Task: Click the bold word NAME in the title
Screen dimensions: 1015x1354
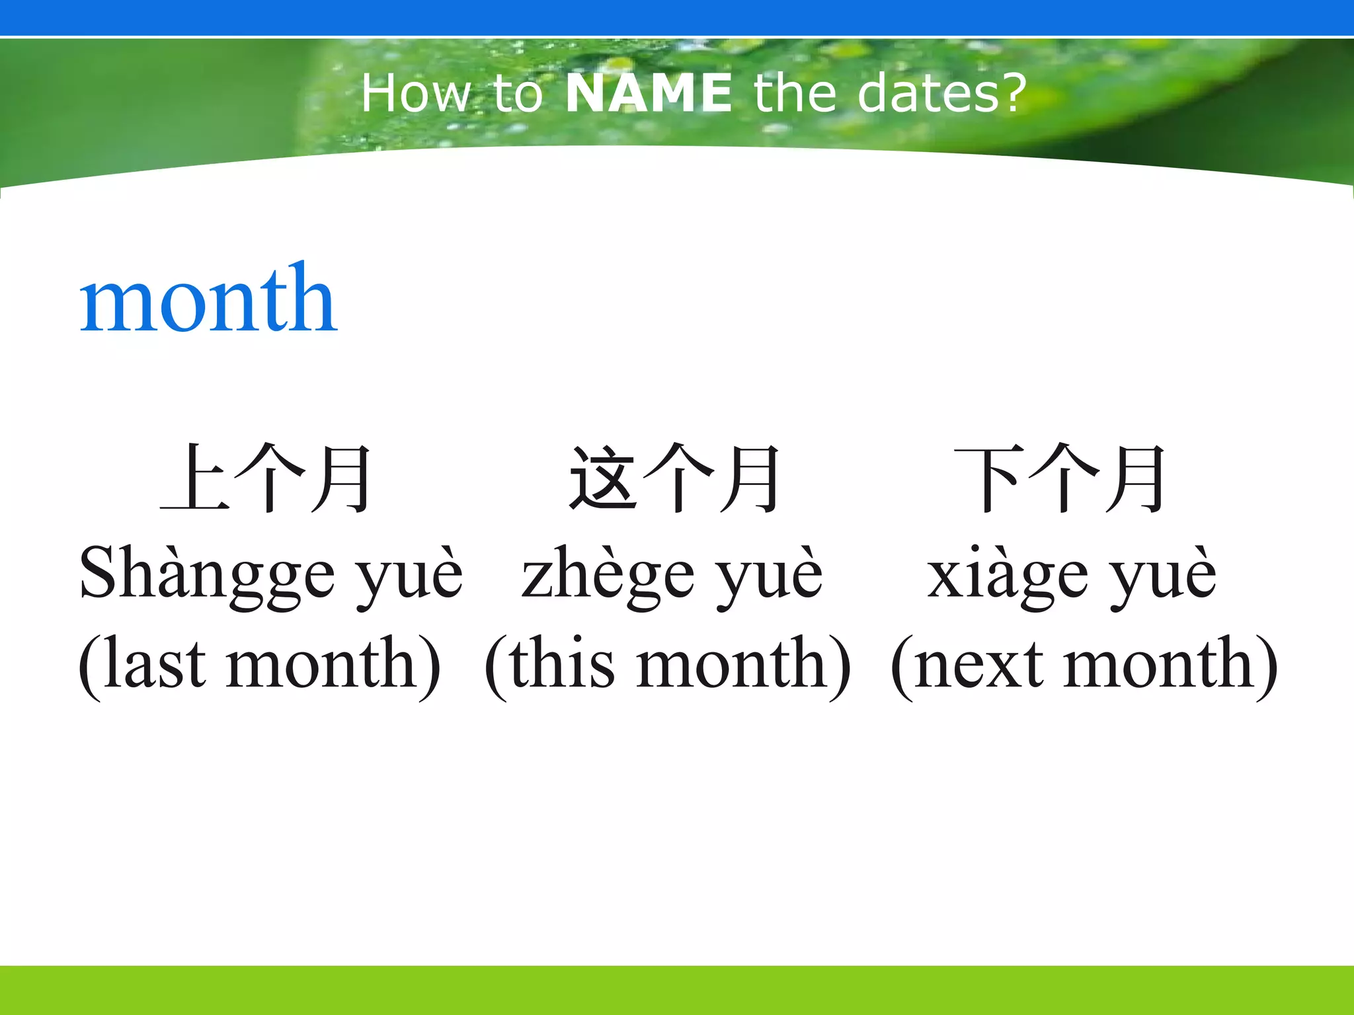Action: pos(648,93)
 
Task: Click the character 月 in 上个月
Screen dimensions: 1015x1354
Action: pos(341,478)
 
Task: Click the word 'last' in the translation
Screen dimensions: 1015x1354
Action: pos(153,664)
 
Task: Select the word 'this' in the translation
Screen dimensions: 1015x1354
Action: pos(562,664)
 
